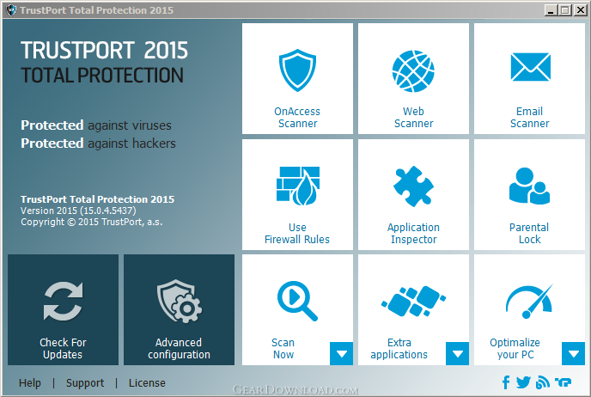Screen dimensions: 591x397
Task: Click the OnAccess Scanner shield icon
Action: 297,70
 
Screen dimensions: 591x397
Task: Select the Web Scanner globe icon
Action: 413,70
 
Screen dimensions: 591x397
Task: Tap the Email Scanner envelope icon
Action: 530,67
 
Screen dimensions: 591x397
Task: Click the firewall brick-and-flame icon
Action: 298,186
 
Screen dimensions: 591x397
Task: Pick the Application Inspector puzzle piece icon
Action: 413,186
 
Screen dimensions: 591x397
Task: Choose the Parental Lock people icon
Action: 529,186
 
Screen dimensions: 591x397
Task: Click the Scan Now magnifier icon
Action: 297,301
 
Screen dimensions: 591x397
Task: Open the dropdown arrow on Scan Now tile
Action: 342,354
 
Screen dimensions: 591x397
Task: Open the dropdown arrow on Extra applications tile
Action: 458,354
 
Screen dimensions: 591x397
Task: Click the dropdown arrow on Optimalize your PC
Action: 573,354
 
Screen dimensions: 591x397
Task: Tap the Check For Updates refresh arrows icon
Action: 63,301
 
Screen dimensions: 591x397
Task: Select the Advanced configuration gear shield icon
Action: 179,301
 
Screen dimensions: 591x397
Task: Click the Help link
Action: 30,383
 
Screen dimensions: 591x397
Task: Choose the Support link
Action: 85,383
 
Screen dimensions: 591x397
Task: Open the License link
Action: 147,383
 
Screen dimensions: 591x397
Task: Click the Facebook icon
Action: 506,382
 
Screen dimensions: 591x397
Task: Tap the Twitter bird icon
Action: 523,382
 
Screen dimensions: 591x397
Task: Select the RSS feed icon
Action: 542,382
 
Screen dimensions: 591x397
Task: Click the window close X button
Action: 581,10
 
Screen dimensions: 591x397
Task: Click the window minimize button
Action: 551,10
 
